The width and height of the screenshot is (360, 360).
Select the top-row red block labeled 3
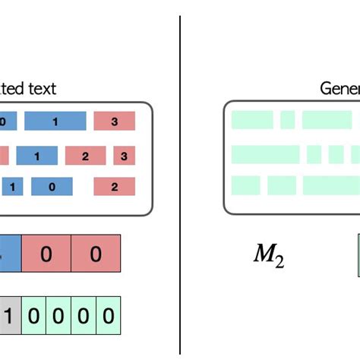click(x=114, y=121)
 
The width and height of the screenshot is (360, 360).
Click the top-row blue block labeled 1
click(x=55, y=121)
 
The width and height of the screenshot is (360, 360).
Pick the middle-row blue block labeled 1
click(x=37, y=156)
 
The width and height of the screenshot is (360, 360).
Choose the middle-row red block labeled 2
click(x=85, y=156)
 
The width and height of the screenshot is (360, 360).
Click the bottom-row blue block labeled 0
click(x=52, y=187)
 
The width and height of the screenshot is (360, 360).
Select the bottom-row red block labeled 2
click(x=114, y=187)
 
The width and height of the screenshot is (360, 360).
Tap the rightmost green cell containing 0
click(x=109, y=315)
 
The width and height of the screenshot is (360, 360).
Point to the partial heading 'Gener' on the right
click(x=339, y=89)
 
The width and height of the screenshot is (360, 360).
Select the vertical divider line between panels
click(x=180, y=182)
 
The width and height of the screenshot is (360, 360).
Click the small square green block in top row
click(x=287, y=120)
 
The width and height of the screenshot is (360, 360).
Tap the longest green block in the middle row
click(x=265, y=154)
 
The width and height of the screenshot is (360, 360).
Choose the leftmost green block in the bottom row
click(x=246, y=185)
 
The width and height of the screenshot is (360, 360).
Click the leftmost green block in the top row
click(x=251, y=120)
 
